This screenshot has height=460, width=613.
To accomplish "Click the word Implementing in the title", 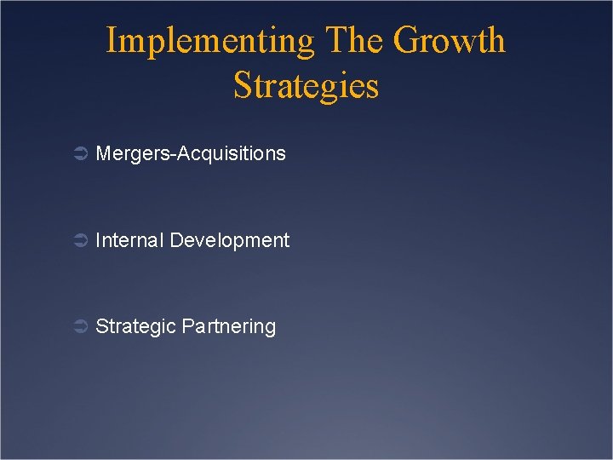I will coord(209,42).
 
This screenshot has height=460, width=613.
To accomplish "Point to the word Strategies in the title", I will coord(306,86).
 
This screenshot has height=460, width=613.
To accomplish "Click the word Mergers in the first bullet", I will coord(129,154).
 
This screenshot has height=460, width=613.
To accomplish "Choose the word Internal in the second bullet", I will coord(129,240).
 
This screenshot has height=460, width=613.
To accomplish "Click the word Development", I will coord(230,241).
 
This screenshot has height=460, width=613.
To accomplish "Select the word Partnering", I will coord(229,327).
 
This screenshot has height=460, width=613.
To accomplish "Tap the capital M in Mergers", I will coord(103,153).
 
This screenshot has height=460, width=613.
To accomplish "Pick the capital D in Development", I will coord(176,240).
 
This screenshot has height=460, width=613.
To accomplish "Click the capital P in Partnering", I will coord(188,326).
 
